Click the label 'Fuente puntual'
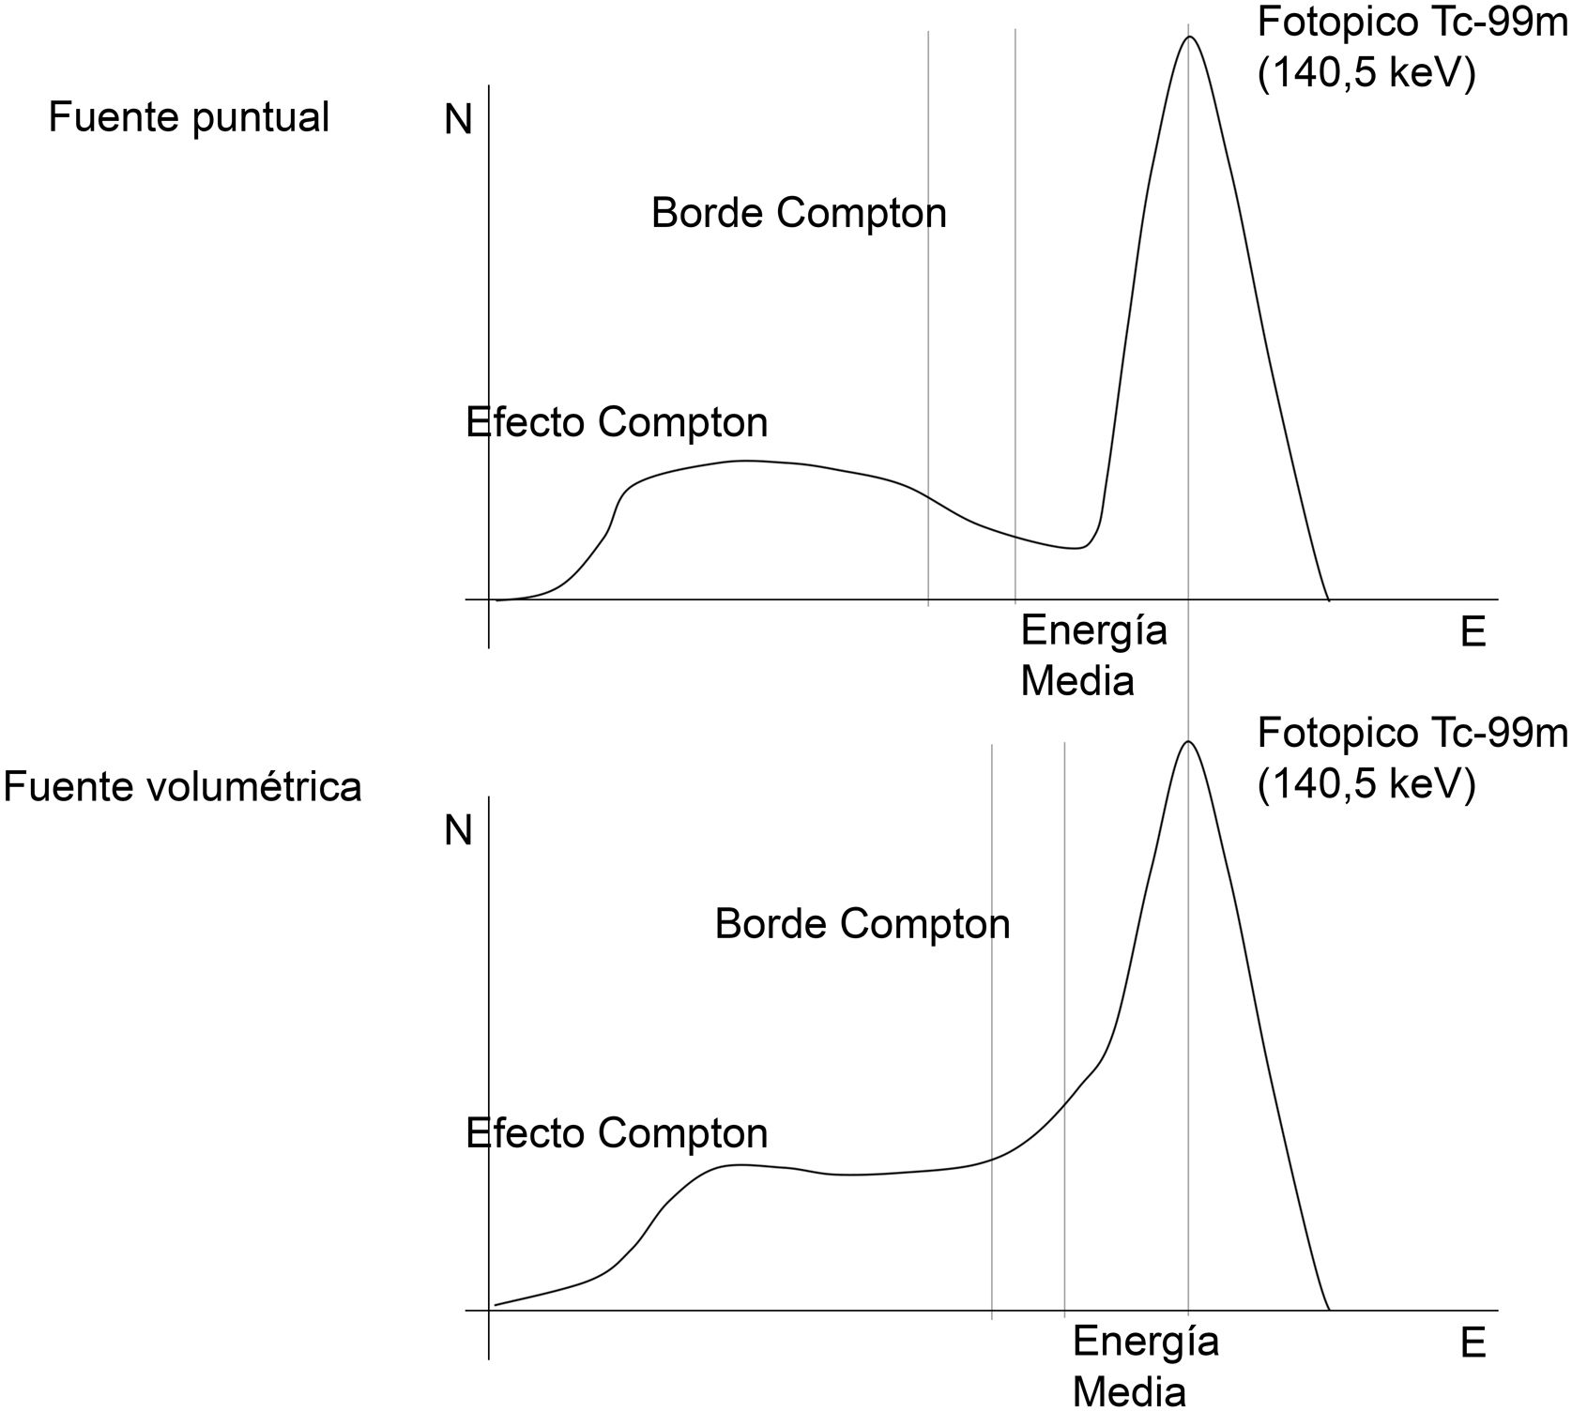(x=189, y=118)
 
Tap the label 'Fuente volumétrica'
(x=182, y=786)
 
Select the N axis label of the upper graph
(x=458, y=120)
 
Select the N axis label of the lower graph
(x=458, y=831)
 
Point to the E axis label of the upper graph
(x=1473, y=633)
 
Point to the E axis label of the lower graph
(x=1473, y=1344)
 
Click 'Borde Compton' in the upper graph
(x=799, y=214)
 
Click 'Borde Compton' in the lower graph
(x=862, y=925)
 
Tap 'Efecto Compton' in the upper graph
(x=617, y=423)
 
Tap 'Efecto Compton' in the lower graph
(x=617, y=1134)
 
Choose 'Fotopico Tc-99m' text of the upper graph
(x=1412, y=23)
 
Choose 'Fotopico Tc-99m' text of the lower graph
(x=1412, y=733)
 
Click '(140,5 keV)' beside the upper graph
(x=1366, y=73)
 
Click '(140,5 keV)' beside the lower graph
(x=1366, y=784)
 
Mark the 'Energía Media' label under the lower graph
(x=1145, y=1366)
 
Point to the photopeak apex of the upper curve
(x=1189, y=37)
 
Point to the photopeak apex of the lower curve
(x=1189, y=741)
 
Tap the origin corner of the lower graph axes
(x=489, y=1310)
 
